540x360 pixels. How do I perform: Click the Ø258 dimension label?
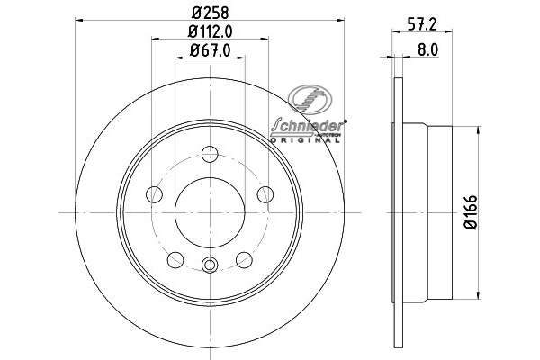coord(210,13)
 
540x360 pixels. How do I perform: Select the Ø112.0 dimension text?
coord(210,31)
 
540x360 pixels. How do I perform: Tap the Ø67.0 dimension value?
coord(210,51)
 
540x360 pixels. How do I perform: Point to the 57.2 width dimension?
coord(422,24)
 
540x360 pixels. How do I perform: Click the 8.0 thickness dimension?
coord(428,50)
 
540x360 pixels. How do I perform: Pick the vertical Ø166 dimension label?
coord(471,212)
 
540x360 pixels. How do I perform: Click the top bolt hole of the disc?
coord(210,154)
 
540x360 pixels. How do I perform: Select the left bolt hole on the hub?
coord(154,194)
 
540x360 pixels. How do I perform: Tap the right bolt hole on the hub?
coord(265,194)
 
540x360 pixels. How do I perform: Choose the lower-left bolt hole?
coord(175,260)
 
